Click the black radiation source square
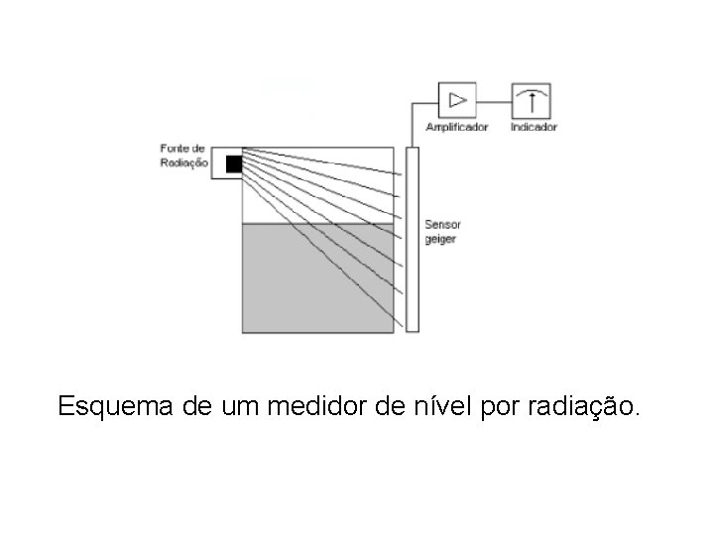pyautogui.click(x=234, y=163)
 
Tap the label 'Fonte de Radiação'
pyautogui.click(x=183, y=157)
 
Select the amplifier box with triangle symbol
pyautogui.click(x=457, y=100)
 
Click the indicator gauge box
pyautogui.click(x=531, y=100)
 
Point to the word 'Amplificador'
pyautogui.click(x=457, y=127)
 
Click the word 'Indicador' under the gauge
pyautogui.click(x=534, y=127)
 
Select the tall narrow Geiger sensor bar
pyautogui.click(x=413, y=238)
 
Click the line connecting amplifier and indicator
pyautogui.click(x=494, y=100)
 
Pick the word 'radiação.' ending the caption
pyautogui.click(x=592, y=407)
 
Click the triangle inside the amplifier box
pyautogui.click(x=457, y=100)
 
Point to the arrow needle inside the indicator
pyautogui.click(x=531, y=101)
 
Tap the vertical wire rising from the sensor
pyautogui.click(x=413, y=124)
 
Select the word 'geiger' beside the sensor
pyautogui.click(x=439, y=240)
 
